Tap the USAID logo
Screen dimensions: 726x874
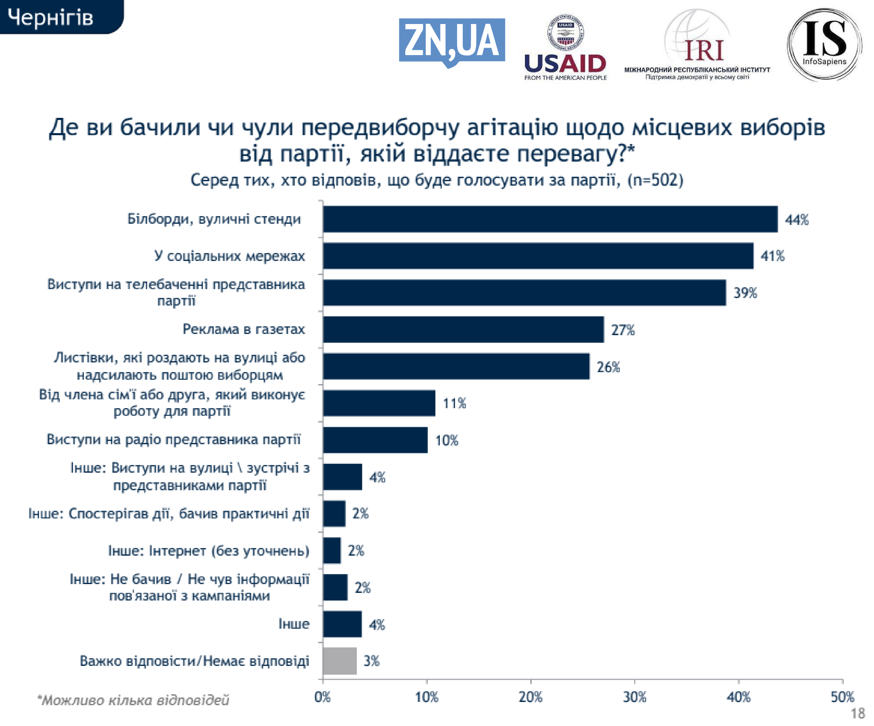(x=565, y=48)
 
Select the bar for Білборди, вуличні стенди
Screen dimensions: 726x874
(x=550, y=219)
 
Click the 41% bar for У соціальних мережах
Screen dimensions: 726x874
(x=538, y=256)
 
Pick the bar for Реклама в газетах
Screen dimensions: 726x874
(x=463, y=329)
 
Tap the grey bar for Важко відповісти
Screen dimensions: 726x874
(x=340, y=661)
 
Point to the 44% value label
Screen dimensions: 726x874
(x=797, y=220)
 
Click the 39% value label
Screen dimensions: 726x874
(x=745, y=293)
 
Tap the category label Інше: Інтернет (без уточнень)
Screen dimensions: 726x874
(x=208, y=551)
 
